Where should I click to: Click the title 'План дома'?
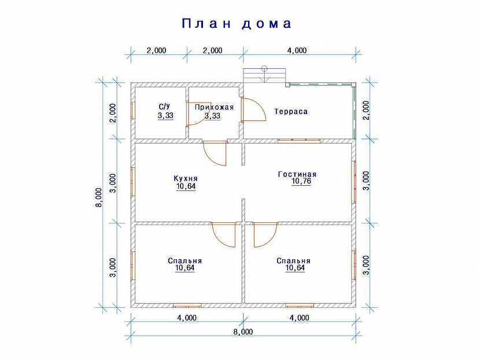point(237,24)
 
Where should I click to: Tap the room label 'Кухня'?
point(186,178)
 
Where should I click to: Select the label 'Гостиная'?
point(297,174)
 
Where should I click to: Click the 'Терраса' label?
point(291,111)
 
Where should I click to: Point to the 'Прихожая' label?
point(215,107)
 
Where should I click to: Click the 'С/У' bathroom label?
point(164,106)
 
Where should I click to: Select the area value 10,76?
point(301,181)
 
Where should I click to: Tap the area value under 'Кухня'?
point(186,186)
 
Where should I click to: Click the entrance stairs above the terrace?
point(264,75)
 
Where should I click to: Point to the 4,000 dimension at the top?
point(297,50)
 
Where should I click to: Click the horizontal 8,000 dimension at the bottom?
point(243,332)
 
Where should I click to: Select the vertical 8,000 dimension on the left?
point(98,197)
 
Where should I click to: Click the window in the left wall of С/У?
point(133,111)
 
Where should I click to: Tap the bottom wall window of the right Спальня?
point(300,305)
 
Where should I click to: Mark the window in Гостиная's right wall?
point(354,182)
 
